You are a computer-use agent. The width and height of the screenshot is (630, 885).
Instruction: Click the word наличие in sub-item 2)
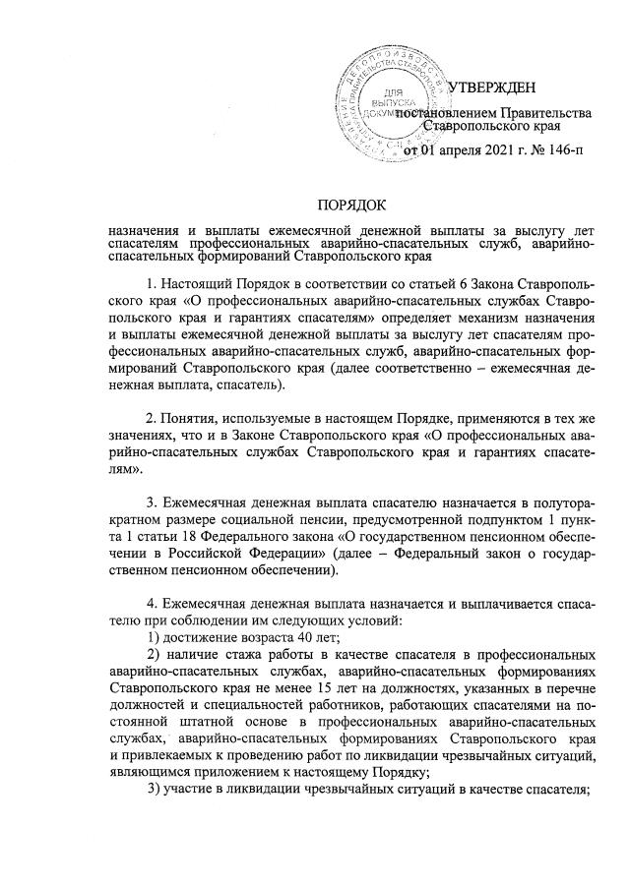point(195,655)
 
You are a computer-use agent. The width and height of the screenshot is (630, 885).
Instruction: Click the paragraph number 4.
point(150,602)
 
